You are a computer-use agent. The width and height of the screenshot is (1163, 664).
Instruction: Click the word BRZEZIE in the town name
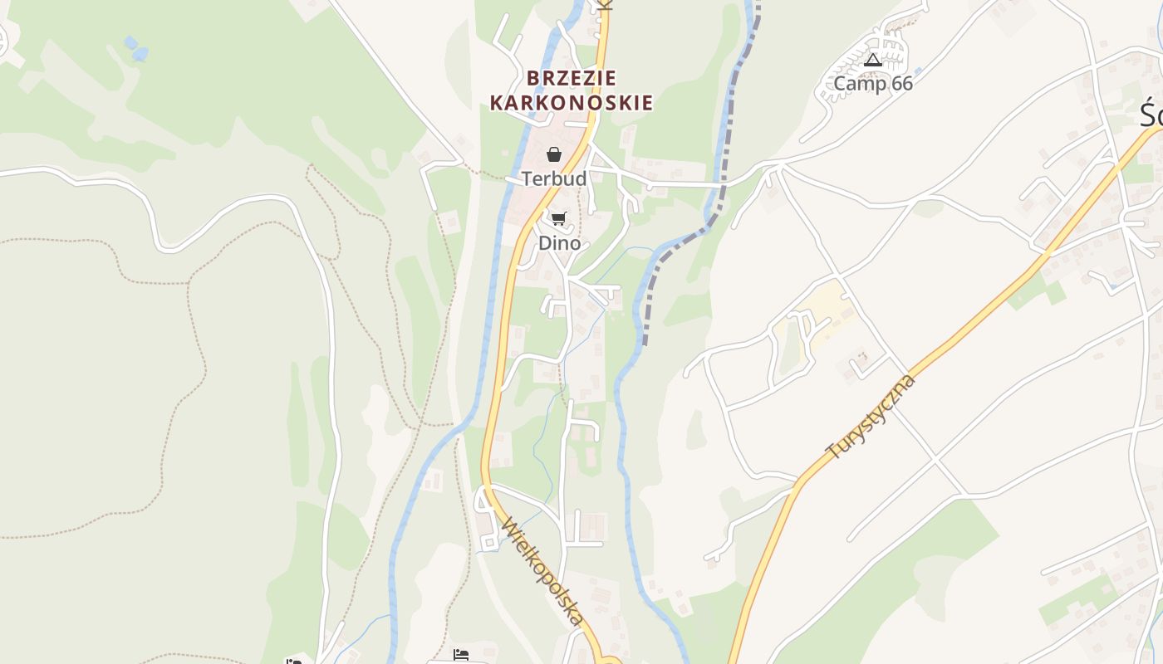572,78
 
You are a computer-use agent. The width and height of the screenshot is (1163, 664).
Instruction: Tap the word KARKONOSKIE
572,103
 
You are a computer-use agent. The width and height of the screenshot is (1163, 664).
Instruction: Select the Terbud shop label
554,178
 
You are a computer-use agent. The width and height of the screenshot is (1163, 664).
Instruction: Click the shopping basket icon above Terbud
554,154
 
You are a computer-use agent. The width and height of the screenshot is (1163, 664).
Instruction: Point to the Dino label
559,243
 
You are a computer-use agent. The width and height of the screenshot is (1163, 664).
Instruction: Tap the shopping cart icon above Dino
558,219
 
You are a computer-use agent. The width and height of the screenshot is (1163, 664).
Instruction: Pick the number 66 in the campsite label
900,84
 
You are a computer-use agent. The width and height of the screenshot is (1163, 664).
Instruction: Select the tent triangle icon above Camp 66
872,60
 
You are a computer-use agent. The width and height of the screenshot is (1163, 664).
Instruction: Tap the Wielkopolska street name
542,572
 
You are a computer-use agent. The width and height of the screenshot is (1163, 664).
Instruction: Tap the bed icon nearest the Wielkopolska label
461,656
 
